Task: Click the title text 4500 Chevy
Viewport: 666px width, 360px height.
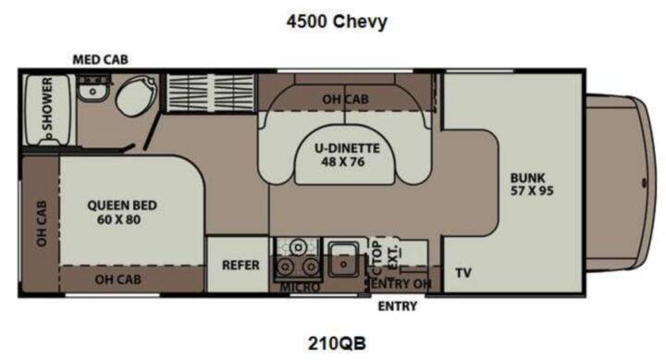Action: (x=337, y=21)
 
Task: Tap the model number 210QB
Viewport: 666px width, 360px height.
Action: (x=337, y=343)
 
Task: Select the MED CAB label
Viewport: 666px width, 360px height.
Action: (x=100, y=60)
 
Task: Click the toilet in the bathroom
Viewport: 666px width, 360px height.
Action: (x=136, y=96)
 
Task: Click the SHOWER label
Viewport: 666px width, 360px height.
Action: (x=47, y=105)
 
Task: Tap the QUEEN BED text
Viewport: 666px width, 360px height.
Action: (x=122, y=205)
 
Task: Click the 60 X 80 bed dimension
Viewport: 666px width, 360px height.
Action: (x=119, y=220)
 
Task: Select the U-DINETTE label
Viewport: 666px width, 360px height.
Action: (x=347, y=148)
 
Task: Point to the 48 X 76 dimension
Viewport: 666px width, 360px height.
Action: (x=343, y=162)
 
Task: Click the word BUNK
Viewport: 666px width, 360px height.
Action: (x=527, y=178)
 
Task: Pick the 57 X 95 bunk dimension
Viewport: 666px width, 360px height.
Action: (x=532, y=191)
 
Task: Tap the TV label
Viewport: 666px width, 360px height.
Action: (x=463, y=273)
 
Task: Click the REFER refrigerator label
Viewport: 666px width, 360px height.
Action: (x=240, y=266)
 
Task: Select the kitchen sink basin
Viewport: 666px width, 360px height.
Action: (x=343, y=260)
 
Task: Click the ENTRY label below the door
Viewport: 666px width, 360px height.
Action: (x=398, y=306)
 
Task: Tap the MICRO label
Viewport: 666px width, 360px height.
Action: (x=300, y=288)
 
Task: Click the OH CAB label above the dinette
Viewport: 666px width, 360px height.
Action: (x=345, y=99)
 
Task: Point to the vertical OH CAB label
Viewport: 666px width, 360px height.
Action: (x=42, y=224)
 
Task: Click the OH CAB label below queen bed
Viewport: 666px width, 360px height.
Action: (x=117, y=279)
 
